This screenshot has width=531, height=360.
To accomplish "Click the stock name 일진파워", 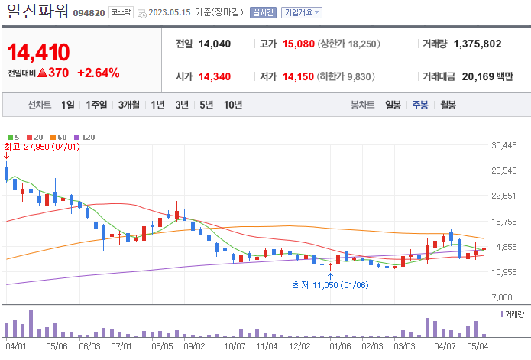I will click(36, 11).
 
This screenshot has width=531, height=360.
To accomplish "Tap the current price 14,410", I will click(39, 52).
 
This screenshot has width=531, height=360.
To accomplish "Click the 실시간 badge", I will click(263, 12).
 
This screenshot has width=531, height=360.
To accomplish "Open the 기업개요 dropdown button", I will click(302, 12).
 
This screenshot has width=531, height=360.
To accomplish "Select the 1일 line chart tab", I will click(68, 105).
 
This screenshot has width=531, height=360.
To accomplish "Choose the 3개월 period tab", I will click(129, 105).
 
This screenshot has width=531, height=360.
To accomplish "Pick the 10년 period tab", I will click(233, 105).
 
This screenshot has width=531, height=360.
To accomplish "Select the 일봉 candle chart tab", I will click(393, 105).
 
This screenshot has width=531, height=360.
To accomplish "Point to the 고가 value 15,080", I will click(299, 44).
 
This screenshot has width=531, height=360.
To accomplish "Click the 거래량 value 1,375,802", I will click(477, 44).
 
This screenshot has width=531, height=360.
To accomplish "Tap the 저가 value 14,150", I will click(299, 76).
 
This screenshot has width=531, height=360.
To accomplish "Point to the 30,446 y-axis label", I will click(504, 145).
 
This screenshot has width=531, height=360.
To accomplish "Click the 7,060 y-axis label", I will click(507, 297).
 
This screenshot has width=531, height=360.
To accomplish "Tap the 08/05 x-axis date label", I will click(163, 346).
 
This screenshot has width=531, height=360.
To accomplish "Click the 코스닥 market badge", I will click(119, 12).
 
